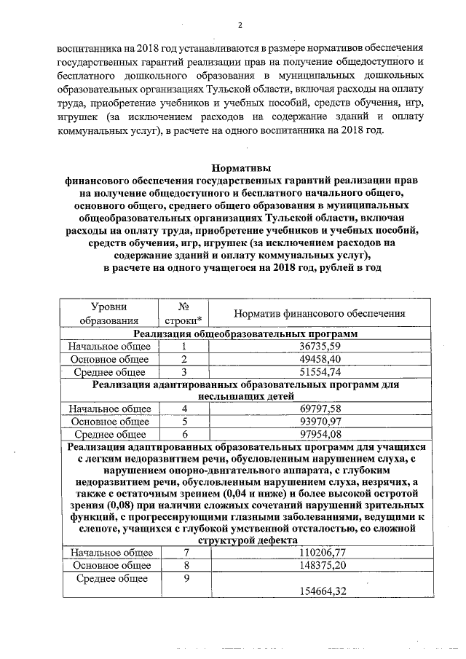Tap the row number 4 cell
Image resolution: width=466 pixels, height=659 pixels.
(x=185, y=409)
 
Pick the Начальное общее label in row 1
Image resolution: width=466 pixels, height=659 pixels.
(x=109, y=347)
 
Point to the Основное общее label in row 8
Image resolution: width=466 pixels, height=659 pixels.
(x=109, y=566)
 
